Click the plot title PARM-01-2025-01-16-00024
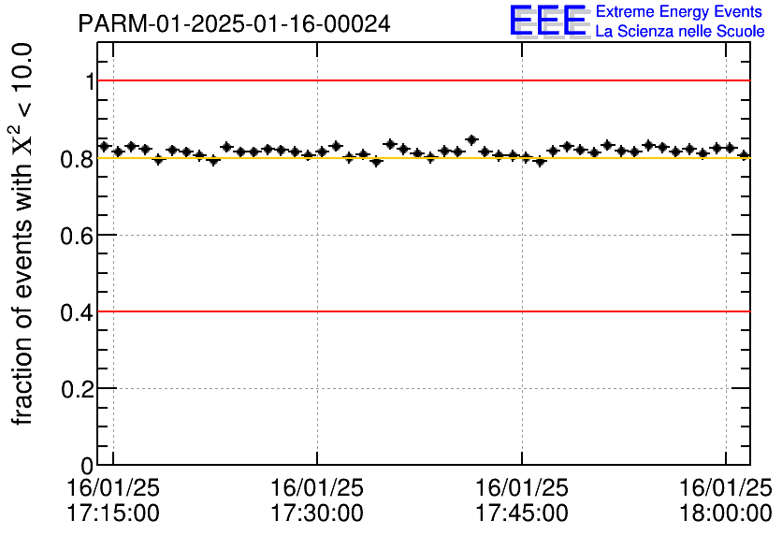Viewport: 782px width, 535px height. [234, 23]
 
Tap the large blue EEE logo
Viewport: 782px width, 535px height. [548, 21]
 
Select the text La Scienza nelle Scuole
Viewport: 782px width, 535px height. [679, 32]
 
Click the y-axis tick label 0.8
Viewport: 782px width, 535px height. [79, 158]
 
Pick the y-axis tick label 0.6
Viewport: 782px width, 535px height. [79, 235]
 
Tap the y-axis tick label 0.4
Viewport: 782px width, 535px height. [79, 311]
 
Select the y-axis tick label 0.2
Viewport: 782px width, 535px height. [79, 388]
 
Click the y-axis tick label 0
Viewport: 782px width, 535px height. [89, 465]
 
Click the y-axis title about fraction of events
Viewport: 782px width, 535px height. [25, 234]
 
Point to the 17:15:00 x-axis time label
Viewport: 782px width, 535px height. [113, 513]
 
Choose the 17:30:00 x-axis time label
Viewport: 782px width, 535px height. [317, 513]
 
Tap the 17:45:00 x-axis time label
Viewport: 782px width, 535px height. [521, 513]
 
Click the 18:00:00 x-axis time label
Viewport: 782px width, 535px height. [725, 513]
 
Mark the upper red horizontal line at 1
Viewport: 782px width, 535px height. [421, 80]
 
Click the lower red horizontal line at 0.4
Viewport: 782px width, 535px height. [421, 311]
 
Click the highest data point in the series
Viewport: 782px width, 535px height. [471, 140]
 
